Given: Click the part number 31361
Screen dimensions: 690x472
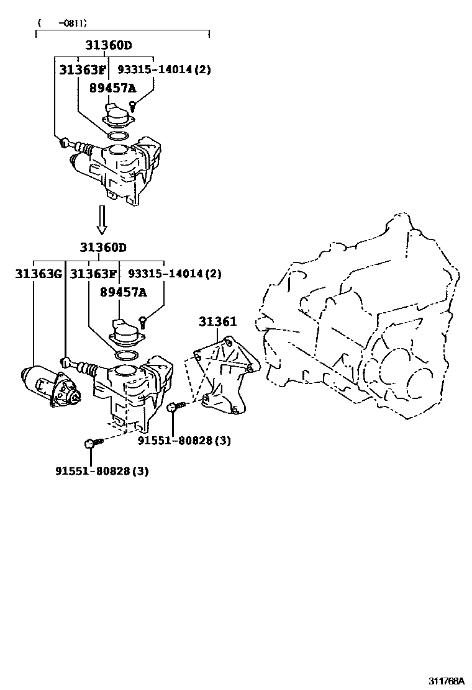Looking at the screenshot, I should coord(217,321).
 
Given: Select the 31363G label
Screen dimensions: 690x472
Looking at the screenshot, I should coord(39,274).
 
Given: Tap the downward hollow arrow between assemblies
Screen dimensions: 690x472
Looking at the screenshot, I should coord(102,220).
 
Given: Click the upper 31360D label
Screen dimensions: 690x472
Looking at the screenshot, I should coord(109,45).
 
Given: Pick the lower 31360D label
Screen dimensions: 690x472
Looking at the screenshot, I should coord(103,248).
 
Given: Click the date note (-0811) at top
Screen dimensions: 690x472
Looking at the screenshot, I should coord(61,23).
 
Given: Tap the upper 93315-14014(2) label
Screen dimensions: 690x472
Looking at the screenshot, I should coord(165,69).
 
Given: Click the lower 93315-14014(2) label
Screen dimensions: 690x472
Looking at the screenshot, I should coord(175,274).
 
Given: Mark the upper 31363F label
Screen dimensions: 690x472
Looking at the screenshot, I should coord(83,69).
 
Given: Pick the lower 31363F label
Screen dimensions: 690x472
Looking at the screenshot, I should coord(93,274).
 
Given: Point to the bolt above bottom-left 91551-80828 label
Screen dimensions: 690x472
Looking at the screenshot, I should coord(91,443).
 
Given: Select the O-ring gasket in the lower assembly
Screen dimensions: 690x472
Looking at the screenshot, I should coord(127,355).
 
